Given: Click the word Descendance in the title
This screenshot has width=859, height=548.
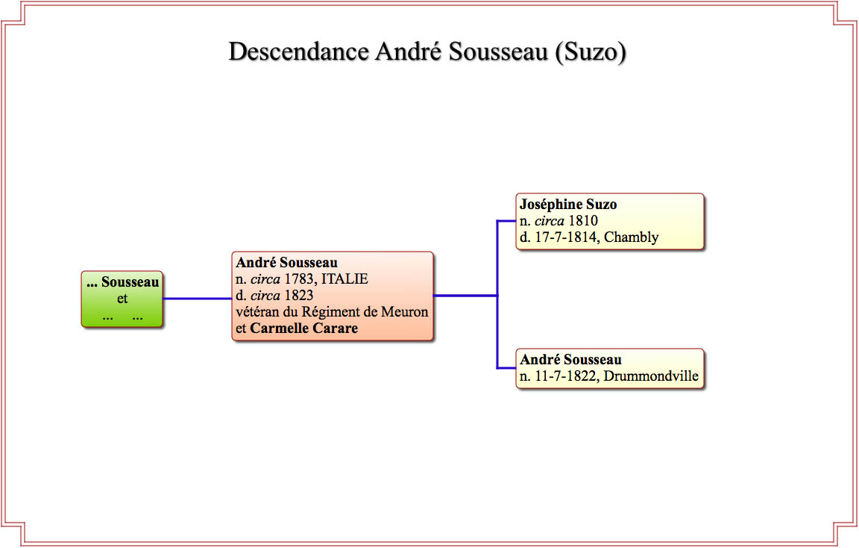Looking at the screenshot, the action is coord(298,52).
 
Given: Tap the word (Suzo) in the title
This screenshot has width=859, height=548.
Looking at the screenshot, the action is coord(590,52).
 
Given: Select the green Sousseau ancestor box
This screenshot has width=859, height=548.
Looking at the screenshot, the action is coord(122,299).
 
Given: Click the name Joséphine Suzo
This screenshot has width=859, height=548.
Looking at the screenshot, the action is coord(568,205).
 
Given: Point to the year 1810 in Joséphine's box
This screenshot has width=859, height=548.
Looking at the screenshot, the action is coord(583,221).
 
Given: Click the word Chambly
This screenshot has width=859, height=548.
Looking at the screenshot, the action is coord(631,237).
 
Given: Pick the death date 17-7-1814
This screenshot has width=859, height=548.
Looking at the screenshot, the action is coord(565,237).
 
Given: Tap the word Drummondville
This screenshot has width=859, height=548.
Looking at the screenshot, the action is coord(651,376).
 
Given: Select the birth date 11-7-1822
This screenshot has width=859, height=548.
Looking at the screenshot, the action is coord(565,376).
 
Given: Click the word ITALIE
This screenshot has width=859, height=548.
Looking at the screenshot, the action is coord(344,279).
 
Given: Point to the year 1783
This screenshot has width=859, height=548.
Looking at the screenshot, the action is coord(299,279).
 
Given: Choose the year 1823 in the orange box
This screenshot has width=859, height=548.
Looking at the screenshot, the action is coord(298,296).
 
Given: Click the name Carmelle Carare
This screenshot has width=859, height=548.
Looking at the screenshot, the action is coord(304,329).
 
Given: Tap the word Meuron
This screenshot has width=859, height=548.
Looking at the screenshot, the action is coord(404,312).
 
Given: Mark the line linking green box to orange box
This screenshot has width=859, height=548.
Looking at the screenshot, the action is coord(198,299).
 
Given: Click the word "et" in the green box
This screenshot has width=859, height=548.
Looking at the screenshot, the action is coord(122,299).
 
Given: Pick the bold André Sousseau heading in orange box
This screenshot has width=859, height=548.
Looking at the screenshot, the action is coord(286,263).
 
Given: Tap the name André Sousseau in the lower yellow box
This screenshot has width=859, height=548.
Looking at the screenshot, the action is coord(571,360).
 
